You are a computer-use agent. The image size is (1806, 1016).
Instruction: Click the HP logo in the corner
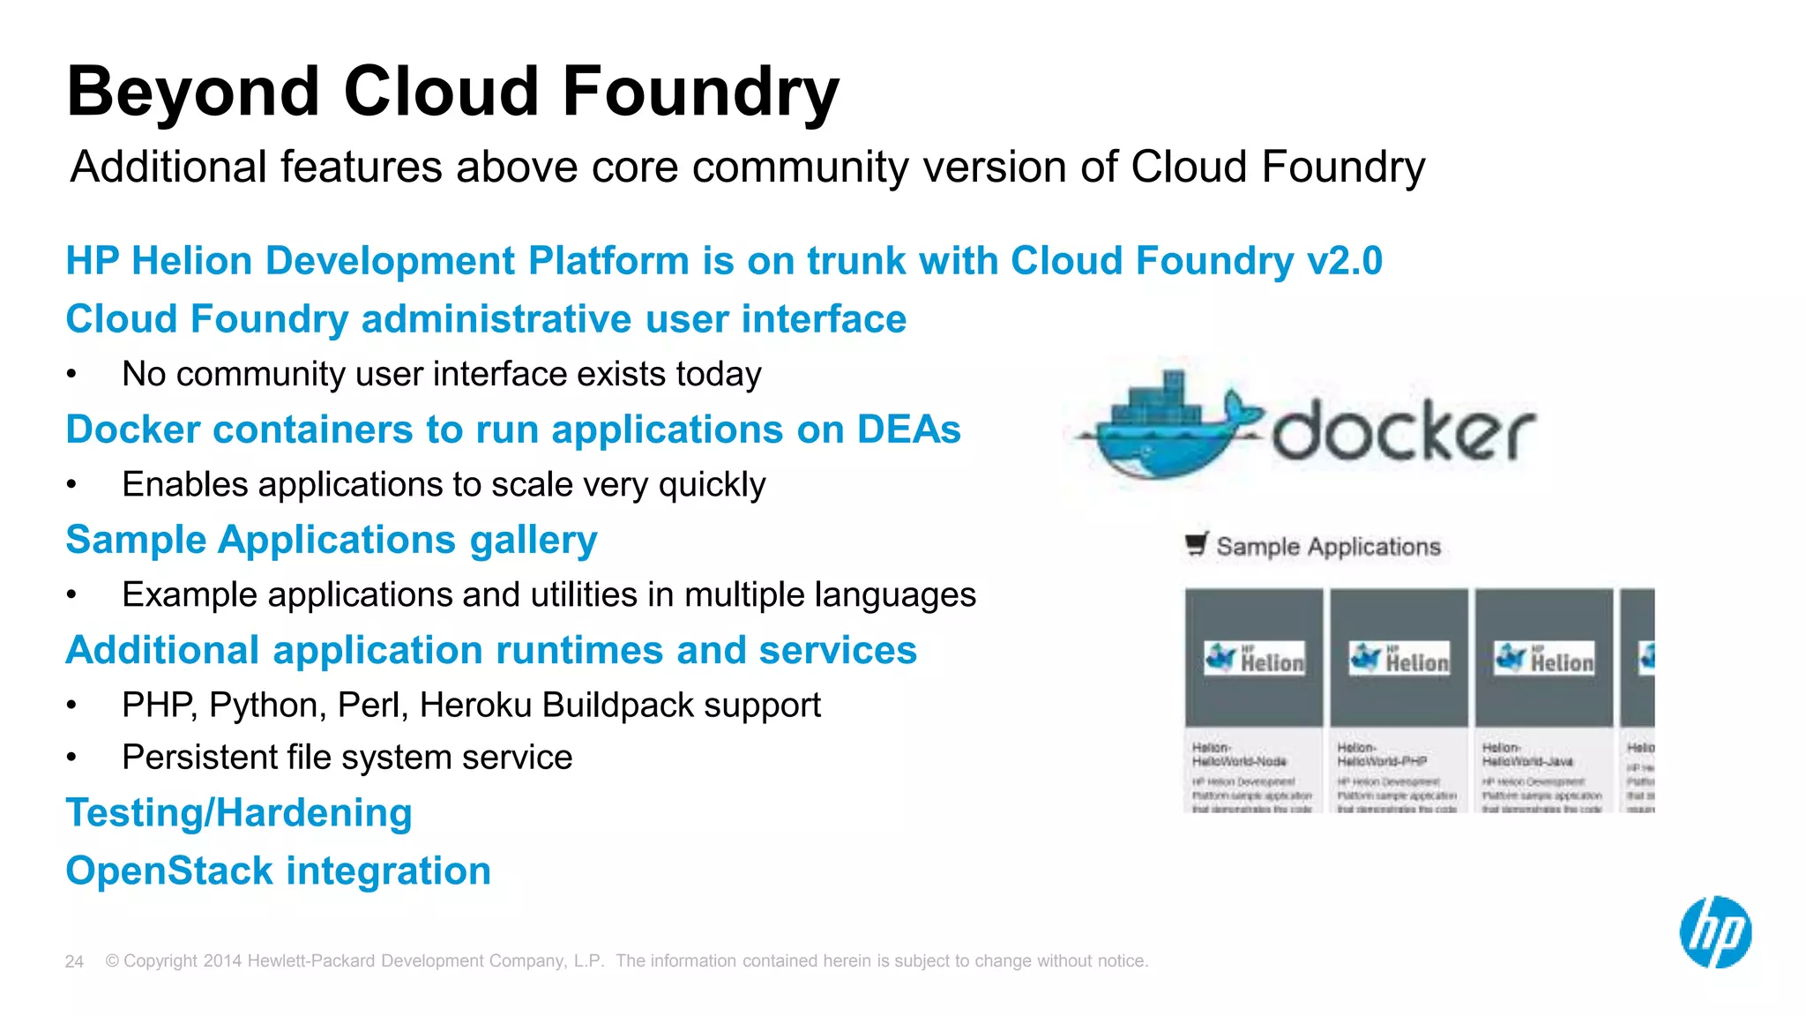tap(1715, 932)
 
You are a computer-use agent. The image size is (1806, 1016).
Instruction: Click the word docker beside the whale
tap(1402, 431)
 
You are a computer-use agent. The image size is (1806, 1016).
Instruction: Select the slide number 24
tap(74, 961)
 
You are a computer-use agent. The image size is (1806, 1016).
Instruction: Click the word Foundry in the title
tap(700, 92)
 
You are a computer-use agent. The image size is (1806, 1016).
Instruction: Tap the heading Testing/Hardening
tap(239, 813)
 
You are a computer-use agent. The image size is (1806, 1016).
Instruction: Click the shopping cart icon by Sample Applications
tap(1196, 544)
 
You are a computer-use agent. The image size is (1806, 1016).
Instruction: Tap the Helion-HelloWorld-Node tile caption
tap(1239, 754)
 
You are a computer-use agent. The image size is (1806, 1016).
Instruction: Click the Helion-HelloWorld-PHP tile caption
tap(1381, 754)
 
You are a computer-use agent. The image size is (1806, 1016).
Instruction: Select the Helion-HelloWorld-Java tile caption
tap(1526, 754)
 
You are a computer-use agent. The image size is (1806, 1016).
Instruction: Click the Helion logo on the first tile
tap(1254, 659)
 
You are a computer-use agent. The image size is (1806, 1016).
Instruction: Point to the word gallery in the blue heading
tap(533, 541)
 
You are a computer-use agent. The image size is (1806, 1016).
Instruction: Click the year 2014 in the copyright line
tap(222, 961)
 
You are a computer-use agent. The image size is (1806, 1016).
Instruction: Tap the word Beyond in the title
tap(193, 92)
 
